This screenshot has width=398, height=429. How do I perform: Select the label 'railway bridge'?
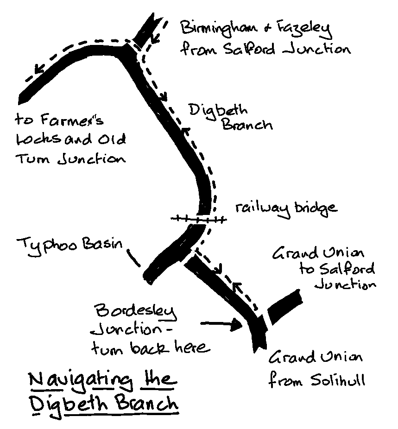coord(285,208)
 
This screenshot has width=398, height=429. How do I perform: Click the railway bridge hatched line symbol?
coord(198,219)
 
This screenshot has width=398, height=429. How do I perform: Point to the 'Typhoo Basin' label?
coord(70,244)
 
